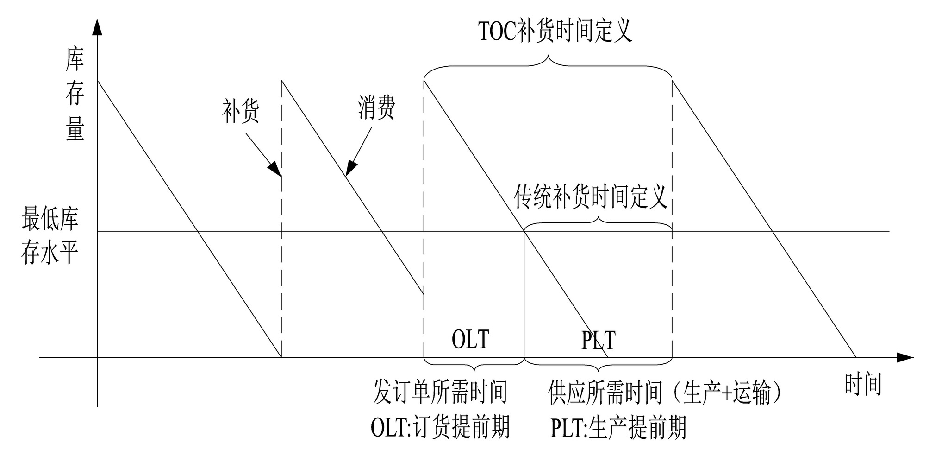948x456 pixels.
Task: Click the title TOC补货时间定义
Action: coord(555,32)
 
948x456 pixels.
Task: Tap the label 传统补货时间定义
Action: coord(591,196)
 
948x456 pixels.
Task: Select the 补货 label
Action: coord(240,112)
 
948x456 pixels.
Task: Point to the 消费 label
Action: coord(376,108)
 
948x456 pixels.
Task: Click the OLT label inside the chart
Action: coord(470,339)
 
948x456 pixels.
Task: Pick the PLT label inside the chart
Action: coord(598,341)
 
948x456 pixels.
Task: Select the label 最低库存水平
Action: coord(50,236)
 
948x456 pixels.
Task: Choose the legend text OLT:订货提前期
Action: coord(440,427)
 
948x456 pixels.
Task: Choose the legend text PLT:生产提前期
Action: coord(618,428)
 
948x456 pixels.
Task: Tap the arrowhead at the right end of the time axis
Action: coord(905,357)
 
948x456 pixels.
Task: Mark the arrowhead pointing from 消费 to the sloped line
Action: coord(350,169)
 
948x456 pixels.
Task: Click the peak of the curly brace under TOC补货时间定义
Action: coord(549,57)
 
